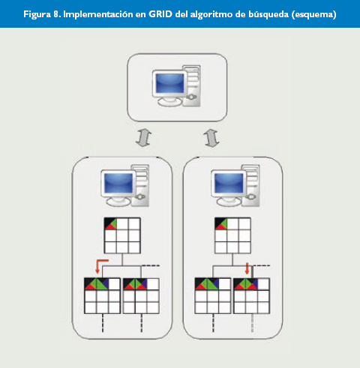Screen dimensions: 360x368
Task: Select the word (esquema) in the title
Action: click(x=313, y=15)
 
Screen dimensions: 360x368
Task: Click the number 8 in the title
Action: click(x=55, y=14)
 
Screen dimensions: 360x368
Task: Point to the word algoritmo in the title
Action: click(x=211, y=15)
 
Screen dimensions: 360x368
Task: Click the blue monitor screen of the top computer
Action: click(x=169, y=82)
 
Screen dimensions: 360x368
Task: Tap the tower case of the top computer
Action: click(x=192, y=85)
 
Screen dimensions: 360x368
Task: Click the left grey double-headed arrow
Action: click(x=143, y=138)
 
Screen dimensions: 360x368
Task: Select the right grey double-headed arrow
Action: click(x=211, y=138)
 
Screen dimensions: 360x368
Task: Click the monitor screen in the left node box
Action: click(x=118, y=183)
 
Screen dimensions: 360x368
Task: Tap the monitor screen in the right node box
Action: click(x=229, y=183)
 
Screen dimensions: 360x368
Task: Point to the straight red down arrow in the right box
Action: click(x=247, y=268)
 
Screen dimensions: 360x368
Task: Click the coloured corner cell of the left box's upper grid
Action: click(x=110, y=223)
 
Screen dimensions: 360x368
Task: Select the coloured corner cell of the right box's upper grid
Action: click(x=221, y=223)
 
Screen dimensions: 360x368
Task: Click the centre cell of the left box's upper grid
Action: click(x=122, y=235)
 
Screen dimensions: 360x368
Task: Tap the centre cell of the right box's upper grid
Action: click(x=233, y=235)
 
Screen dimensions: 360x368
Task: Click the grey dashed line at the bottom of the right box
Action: click(x=252, y=323)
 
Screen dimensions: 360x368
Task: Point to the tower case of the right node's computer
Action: click(x=250, y=185)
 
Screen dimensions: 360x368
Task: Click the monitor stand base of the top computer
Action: click(x=169, y=102)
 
